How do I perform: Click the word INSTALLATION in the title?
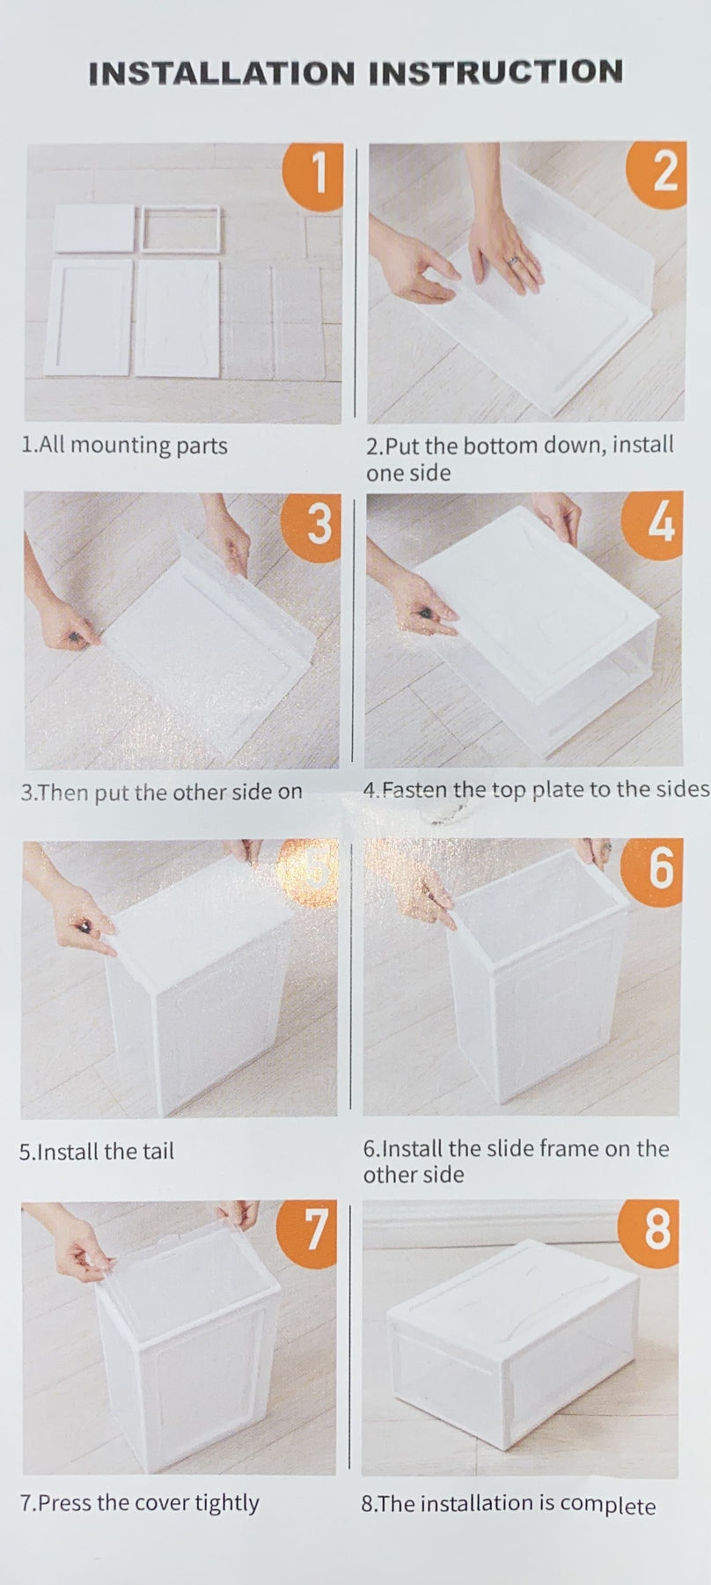coord(224,73)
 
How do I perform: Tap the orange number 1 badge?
coord(314,173)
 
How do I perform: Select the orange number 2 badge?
coord(656,173)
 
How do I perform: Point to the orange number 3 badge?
coord(312,523)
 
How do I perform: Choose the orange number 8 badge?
coord(651,1229)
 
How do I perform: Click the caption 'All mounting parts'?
coord(124,445)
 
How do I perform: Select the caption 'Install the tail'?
coord(97,1151)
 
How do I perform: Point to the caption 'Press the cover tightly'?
coord(140,1503)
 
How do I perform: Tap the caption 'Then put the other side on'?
coord(161,792)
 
